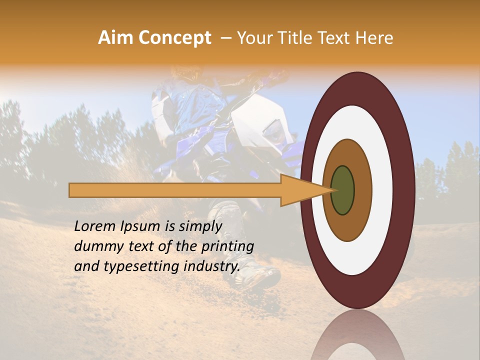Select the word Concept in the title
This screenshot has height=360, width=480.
coord(174,38)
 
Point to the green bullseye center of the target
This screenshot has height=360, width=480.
coord(342,190)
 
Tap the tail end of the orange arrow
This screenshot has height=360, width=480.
coord(72,190)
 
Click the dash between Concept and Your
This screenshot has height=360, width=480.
coord(225,38)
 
